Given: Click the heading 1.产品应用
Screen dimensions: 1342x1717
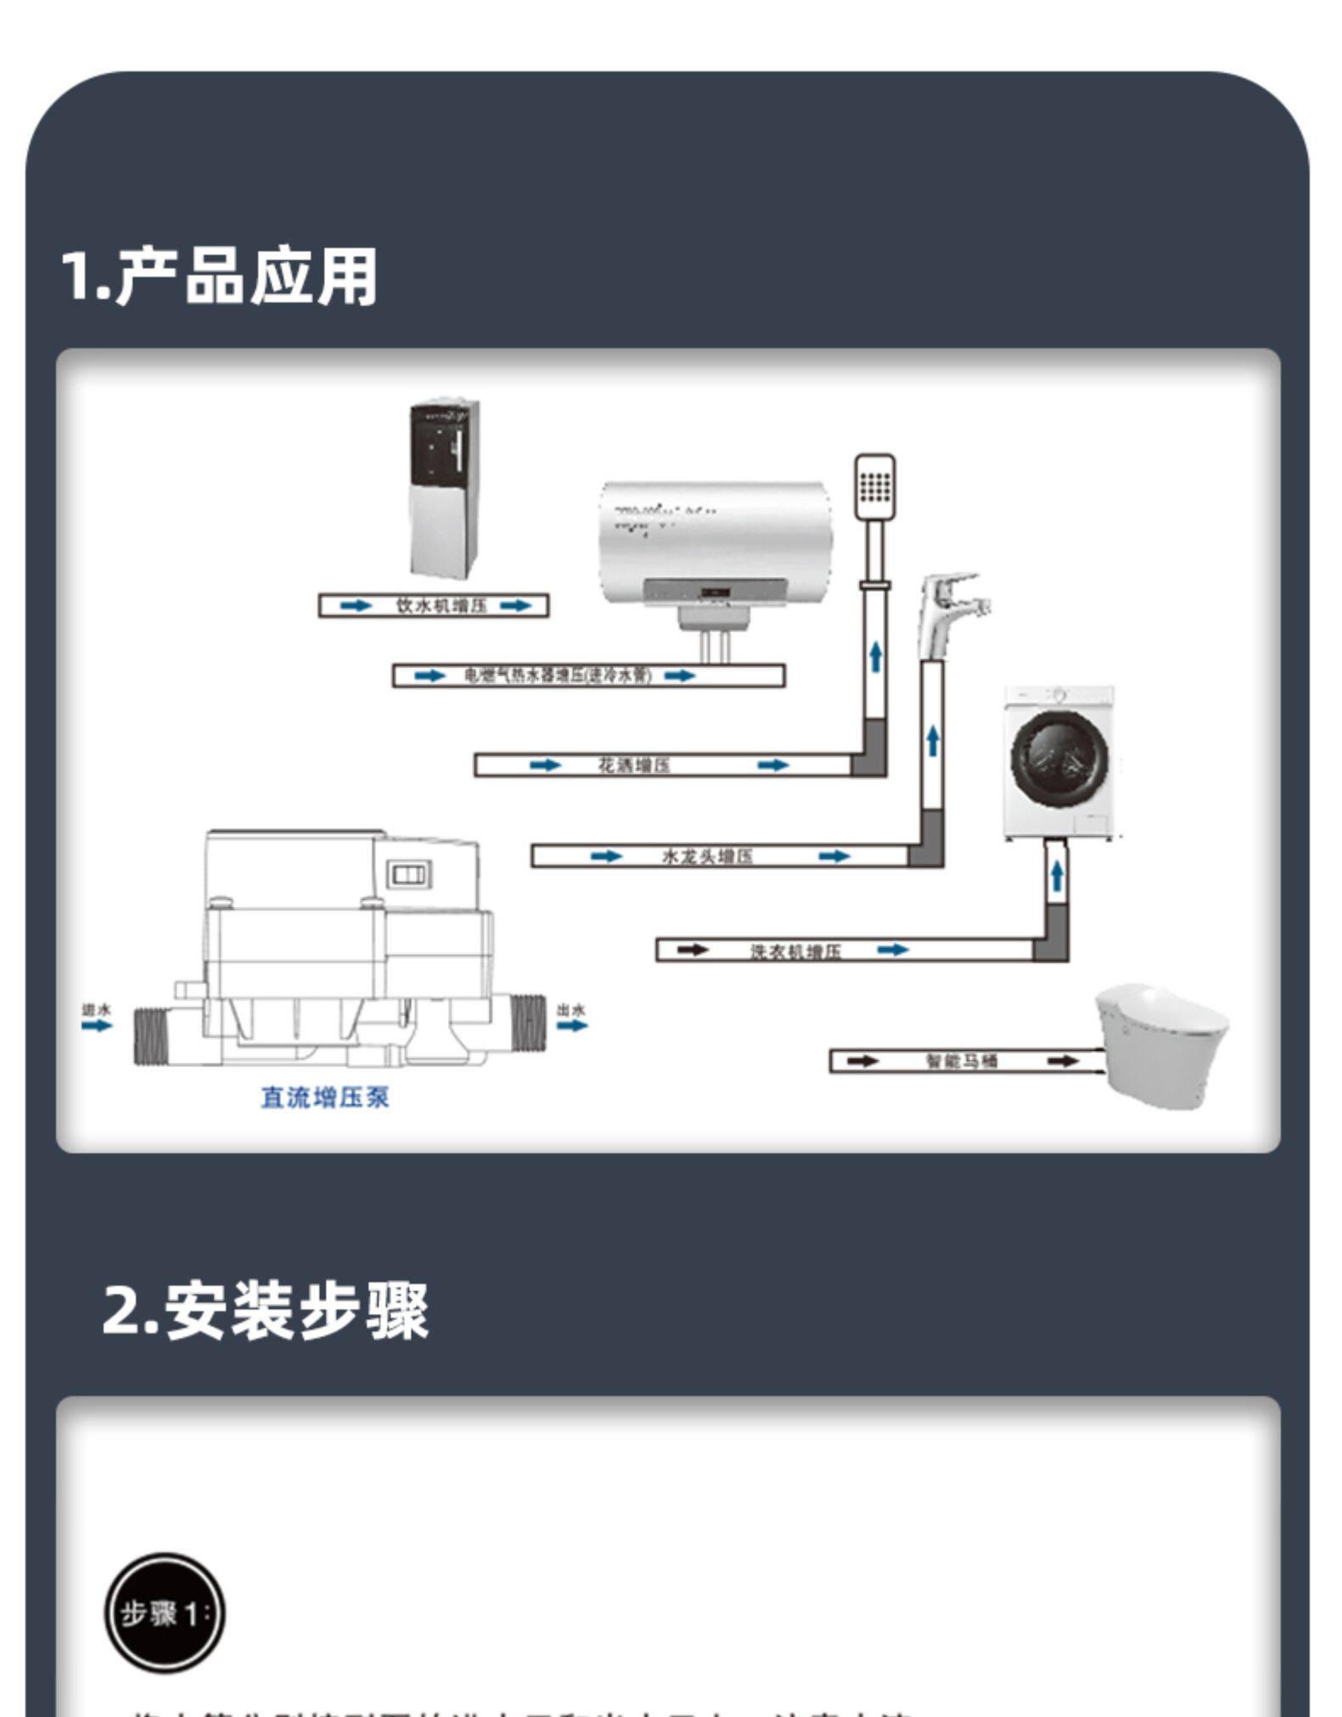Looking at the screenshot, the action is click(219, 276).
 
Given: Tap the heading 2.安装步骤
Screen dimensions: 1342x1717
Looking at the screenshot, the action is click(265, 1310).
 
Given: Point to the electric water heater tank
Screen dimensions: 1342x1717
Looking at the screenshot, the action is click(715, 543).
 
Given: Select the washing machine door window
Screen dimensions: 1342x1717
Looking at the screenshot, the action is click(1058, 755).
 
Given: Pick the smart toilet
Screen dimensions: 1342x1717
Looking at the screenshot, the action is click(1161, 1045).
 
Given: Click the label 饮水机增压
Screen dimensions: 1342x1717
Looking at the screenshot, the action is click(441, 606).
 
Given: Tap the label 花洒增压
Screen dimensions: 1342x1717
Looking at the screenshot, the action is click(633, 766).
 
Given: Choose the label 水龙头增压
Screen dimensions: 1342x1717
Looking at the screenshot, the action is click(706, 856).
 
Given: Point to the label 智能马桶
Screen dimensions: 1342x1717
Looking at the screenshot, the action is click(961, 1061).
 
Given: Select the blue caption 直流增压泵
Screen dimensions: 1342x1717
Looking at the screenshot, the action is click(324, 1097).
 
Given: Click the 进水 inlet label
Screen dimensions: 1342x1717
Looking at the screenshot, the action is click(96, 1010).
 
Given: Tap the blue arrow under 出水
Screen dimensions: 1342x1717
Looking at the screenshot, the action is click(572, 1025).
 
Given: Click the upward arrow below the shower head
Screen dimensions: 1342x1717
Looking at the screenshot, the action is click(875, 657).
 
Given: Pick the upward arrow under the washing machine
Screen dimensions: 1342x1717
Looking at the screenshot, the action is click(1056, 874).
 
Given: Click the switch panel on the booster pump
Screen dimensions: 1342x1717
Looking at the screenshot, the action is click(409, 874).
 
